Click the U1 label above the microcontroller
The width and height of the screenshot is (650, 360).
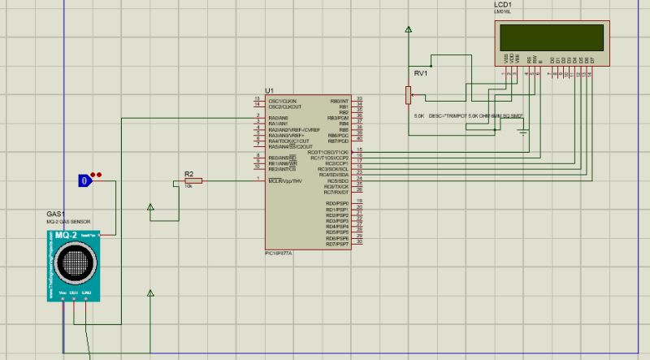coord(269,90)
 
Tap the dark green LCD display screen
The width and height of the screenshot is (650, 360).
coord(552,37)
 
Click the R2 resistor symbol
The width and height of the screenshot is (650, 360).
coord(193,180)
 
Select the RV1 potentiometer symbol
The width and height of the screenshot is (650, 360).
coord(409,96)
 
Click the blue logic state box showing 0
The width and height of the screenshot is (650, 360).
coord(83,180)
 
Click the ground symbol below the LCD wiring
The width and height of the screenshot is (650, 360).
coord(524,130)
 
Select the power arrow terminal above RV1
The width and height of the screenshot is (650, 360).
coord(409,30)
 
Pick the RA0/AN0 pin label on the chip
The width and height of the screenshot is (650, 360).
coord(279,118)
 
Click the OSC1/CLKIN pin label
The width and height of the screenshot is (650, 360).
coord(283,101)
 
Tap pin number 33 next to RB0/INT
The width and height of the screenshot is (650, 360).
coord(359,98)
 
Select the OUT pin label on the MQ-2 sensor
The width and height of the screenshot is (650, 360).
coord(74,292)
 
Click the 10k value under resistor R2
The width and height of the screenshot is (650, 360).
coord(188,186)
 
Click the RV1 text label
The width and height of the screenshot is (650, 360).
coord(420,73)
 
